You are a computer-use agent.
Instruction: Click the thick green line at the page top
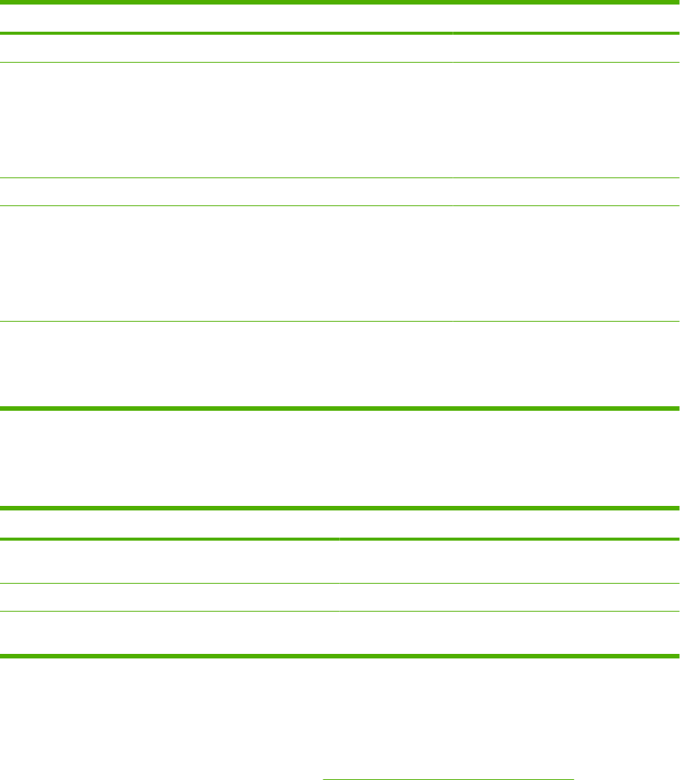click(x=340, y=2)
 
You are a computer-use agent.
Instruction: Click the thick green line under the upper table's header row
click(x=340, y=33)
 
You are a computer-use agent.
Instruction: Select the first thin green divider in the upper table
click(x=340, y=62)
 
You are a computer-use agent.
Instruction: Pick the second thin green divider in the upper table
click(x=340, y=177)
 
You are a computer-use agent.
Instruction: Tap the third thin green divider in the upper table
click(x=340, y=205)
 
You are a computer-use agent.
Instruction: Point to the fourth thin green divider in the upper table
click(x=340, y=322)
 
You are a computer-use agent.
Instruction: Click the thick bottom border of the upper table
click(x=340, y=408)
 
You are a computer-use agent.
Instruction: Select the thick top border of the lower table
click(x=340, y=508)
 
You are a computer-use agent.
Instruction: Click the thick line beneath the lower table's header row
click(x=340, y=539)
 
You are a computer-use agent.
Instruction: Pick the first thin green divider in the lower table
click(x=340, y=583)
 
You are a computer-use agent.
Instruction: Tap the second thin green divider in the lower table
click(x=340, y=611)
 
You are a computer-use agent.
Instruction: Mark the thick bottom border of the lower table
click(x=340, y=655)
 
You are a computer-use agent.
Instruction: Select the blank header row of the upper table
click(x=340, y=18)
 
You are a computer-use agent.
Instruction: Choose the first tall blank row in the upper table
click(x=340, y=119)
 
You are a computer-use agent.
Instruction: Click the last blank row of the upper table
click(x=340, y=365)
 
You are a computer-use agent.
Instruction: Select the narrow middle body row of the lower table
click(x=340, y=597)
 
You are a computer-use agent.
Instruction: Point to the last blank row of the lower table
click(x=340, y=633)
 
